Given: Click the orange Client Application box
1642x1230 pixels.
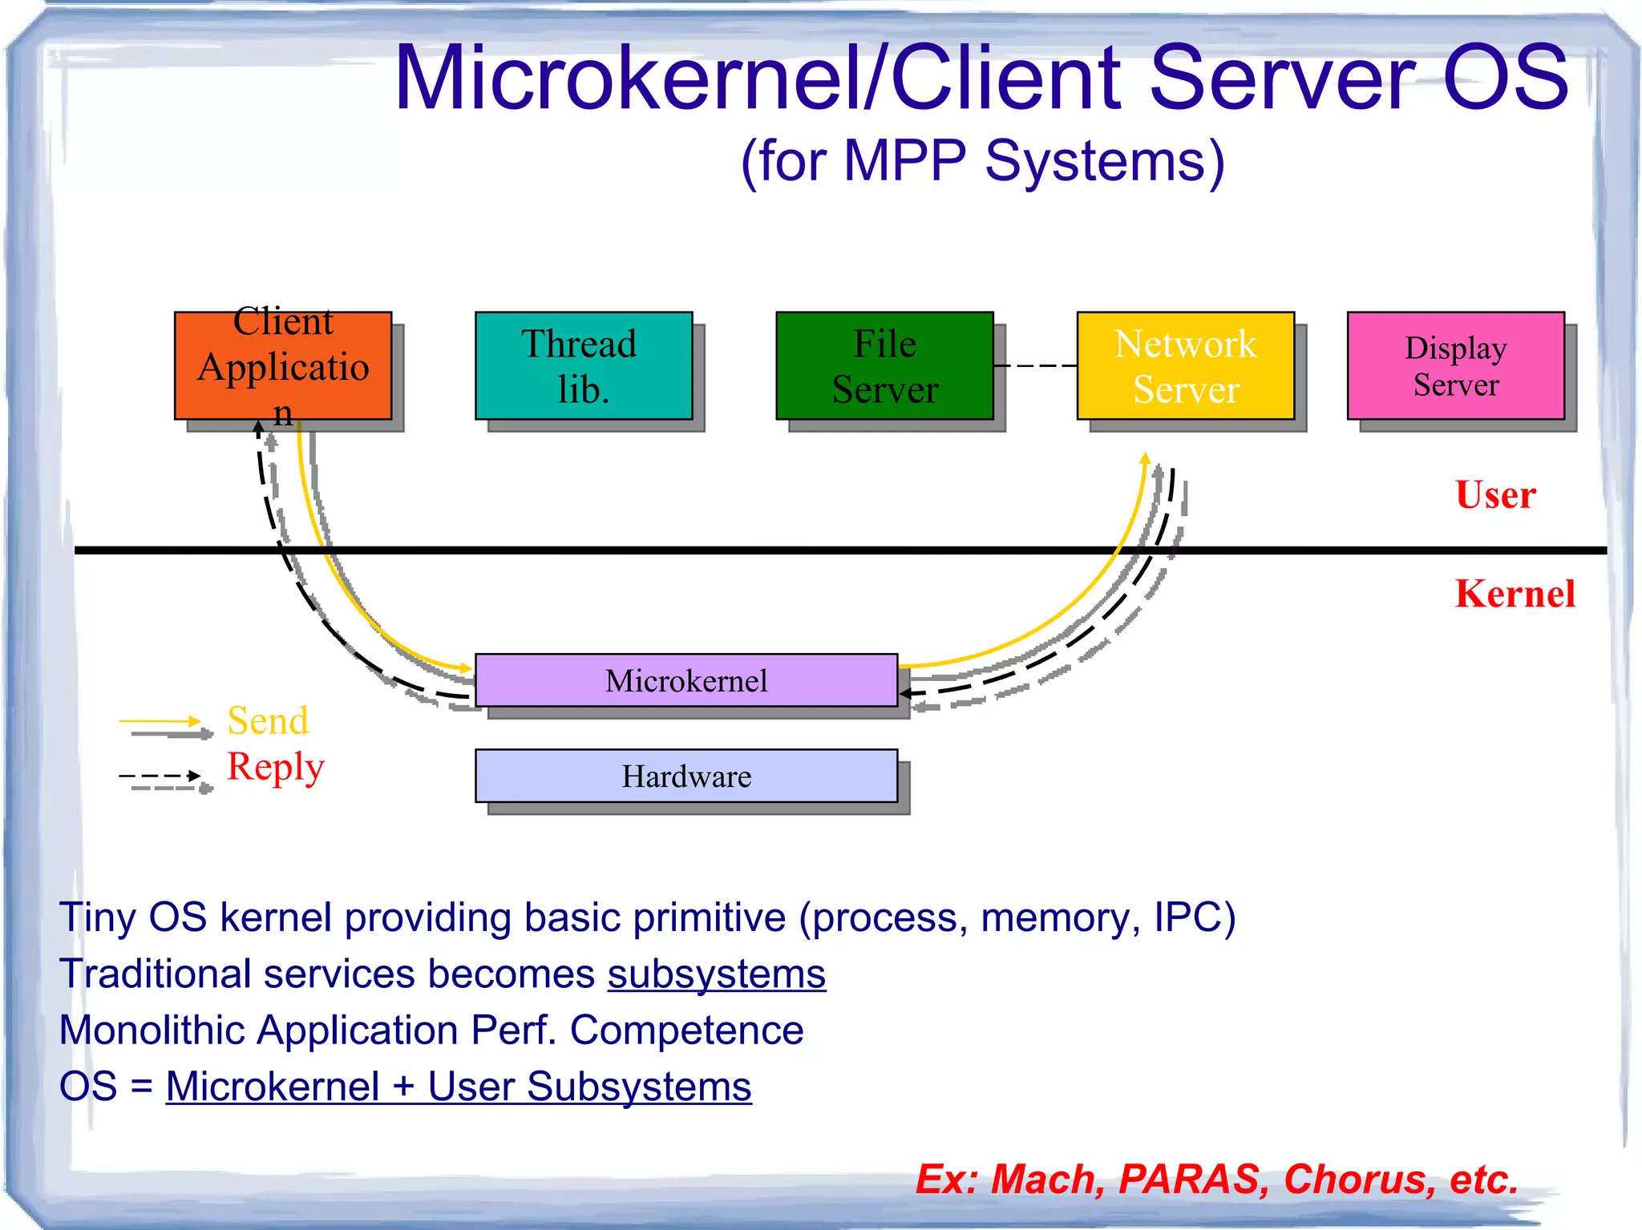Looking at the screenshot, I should (x=283, y=366).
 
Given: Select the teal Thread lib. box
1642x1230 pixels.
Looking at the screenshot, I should (x=583, y=366).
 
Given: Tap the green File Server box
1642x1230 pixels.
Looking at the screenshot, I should (x=884, y=366).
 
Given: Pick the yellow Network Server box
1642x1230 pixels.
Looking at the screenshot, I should (x=1185, y=366).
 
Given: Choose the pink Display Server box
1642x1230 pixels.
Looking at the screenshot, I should (x=1455, y=366).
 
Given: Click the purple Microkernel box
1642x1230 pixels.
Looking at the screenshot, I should (x=686, y=680).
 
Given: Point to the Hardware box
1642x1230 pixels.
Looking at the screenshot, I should (x=686, y=776).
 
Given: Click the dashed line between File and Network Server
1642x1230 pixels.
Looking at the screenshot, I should (x=1034, y=365).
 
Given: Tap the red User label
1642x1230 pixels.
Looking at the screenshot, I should (x=1495, y=494).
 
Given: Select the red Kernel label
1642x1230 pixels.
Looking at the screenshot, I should (x=1515, y=594).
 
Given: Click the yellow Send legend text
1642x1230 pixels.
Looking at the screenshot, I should (x=268, y=720).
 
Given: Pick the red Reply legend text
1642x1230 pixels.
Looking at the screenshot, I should (x=275, y=766).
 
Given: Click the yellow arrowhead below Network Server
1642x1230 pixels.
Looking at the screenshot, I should (x=1145, y=458).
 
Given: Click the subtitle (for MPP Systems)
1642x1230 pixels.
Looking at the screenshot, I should (x=982, y=161).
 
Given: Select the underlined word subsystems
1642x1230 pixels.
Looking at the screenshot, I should (x=716, y=974).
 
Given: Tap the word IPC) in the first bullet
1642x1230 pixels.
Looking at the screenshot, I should (x=1194, y=917).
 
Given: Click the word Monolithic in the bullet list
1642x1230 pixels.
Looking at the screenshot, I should (x=151, y=1030).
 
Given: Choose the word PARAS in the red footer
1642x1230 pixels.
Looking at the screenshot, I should (x=1192, y=1179).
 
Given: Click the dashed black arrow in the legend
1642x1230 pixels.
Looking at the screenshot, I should (x=159, y=776).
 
